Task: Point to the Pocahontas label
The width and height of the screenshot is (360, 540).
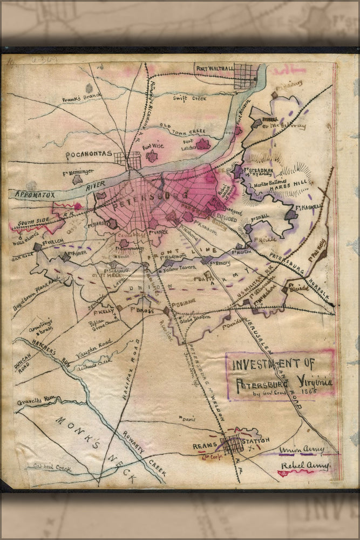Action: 89,156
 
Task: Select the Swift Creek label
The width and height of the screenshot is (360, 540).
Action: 188,98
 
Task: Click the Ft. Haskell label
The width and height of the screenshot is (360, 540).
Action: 309,206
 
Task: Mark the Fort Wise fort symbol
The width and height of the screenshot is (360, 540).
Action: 152,157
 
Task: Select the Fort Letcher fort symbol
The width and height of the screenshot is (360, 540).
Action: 203,144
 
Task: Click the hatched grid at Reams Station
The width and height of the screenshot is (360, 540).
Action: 232,444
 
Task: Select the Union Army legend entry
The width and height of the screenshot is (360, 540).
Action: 302,449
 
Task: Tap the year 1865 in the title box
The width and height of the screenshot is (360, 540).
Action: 309,391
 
